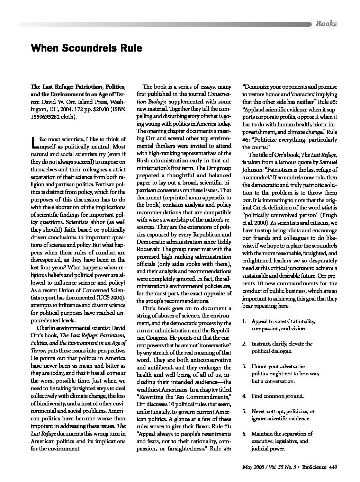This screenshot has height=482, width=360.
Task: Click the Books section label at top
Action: point(326,24)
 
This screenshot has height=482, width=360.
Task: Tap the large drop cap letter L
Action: point(34,142)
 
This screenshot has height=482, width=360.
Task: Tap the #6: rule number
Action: point(248,140)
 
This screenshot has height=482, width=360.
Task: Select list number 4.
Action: point(244,396)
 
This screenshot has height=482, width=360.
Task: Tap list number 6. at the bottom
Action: point(244,434)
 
